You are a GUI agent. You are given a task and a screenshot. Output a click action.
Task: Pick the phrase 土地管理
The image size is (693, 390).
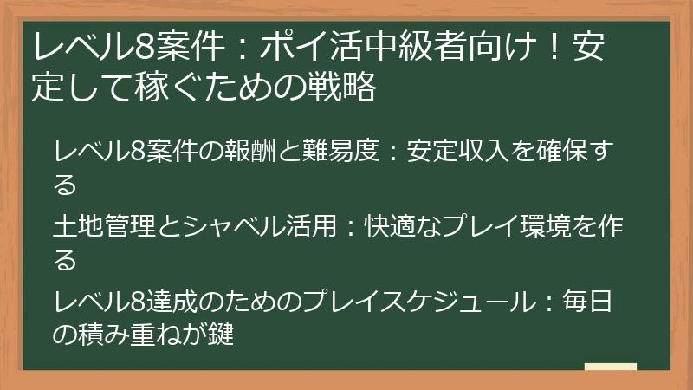101,227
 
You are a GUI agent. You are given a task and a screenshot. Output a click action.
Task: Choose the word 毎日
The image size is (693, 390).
587,303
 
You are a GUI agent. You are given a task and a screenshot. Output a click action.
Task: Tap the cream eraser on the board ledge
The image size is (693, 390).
610,367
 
